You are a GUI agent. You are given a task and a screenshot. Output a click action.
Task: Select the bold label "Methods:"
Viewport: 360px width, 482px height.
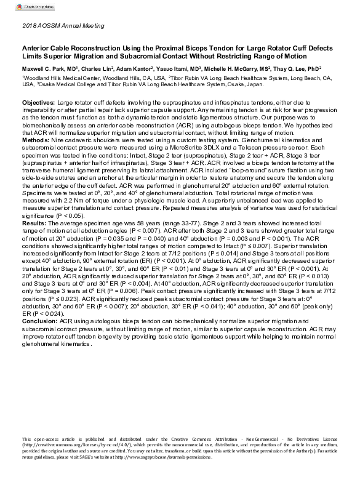[36, 141]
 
